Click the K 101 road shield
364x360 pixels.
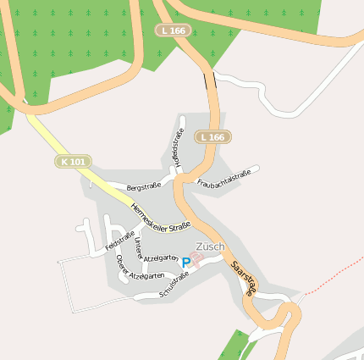pos(74,161)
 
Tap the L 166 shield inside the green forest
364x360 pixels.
pos(174,30)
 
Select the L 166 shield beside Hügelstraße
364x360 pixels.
pos(213,137)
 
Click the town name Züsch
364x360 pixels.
pos(210,246)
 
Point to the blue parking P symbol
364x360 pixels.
pos(185,263)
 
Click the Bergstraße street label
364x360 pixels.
pos(143,186)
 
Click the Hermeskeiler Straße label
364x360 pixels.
pos(160,217)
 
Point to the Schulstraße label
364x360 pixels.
pos(174,285)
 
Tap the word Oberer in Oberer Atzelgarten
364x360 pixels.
pos(120,264)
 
